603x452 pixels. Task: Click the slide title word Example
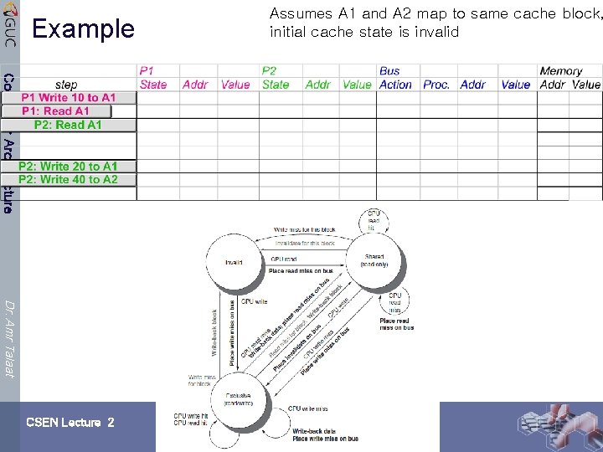pyautogui.click(x=83, y=29)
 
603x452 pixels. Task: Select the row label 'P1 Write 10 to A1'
pyautogui.click(x=69, y=98)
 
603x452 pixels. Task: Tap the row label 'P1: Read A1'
pyautogui.click(x=55, y=111)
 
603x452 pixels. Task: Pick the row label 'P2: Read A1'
pyautogui.click(x=68, y=125)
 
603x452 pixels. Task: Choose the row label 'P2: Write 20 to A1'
pyautogui.click(x=68, y=167)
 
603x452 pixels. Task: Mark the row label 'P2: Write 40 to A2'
pyautogui.click(x=68, y=179)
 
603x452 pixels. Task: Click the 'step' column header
pyautogui.click(x=66, y=85)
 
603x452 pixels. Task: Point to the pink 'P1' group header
pyautogui.click(x=147, y=71)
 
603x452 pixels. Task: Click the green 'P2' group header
pyautogui.click(x=269, y=71)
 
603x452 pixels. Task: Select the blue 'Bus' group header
pyautogui.click(x=389, y=71)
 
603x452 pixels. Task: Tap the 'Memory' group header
pyautogui.click(x=560, y=71)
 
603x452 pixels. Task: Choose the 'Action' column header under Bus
pyautogui.click(x=395, y=85)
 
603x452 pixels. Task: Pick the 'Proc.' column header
pyautogui.click(x=436, y=85)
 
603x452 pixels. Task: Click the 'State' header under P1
pyautogui.click(x=153, y=85)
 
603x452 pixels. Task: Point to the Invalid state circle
pyautogui.click(x=234, y=262)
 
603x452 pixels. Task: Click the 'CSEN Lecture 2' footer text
pyautogui.click(x=70, y=423)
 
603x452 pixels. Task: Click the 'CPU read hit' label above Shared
pyautogui.click(x=374, y=220)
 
